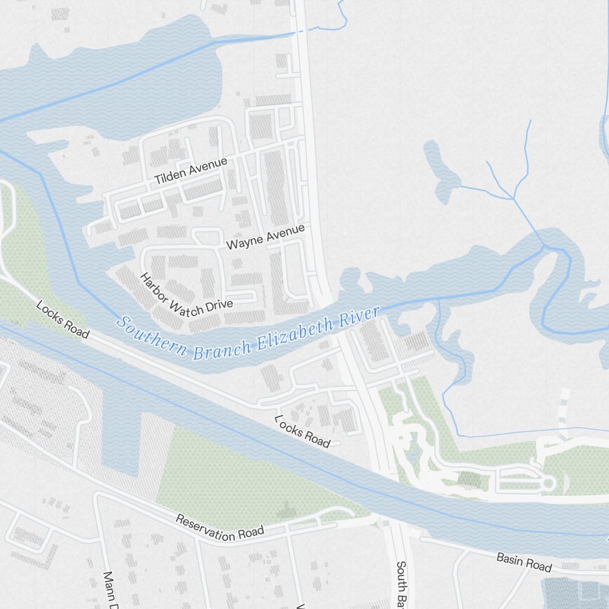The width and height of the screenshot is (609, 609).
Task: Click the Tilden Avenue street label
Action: [191, 171]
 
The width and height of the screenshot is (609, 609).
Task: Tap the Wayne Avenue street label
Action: [264, 237]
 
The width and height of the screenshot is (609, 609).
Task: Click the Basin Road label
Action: [524, 561]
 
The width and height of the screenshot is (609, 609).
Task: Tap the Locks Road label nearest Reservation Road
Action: [302, 431]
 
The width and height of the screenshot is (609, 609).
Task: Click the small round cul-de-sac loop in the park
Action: [548, 484]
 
